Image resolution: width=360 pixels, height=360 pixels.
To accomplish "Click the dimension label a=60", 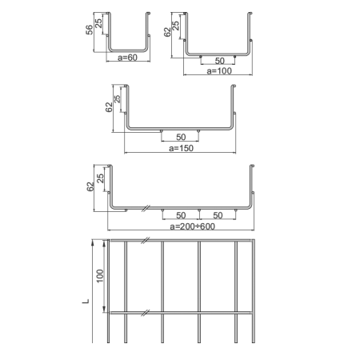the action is point(127,58).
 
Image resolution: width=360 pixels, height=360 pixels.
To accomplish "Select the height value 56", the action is point(90,30).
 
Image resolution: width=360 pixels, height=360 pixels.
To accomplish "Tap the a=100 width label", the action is point(219,71).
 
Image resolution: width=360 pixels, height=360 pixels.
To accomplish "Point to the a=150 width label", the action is point(181,148).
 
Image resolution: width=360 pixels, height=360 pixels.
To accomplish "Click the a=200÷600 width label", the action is point(192,226).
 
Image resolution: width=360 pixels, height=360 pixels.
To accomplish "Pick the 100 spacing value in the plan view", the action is point(100,276).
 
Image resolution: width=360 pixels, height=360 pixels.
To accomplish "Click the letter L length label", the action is point(86,302).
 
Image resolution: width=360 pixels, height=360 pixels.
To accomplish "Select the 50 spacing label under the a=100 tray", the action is point(219,61).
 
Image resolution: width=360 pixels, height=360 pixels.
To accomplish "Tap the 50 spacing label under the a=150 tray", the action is point(181,137).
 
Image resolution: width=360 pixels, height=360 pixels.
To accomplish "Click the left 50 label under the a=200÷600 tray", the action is point(181,215).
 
